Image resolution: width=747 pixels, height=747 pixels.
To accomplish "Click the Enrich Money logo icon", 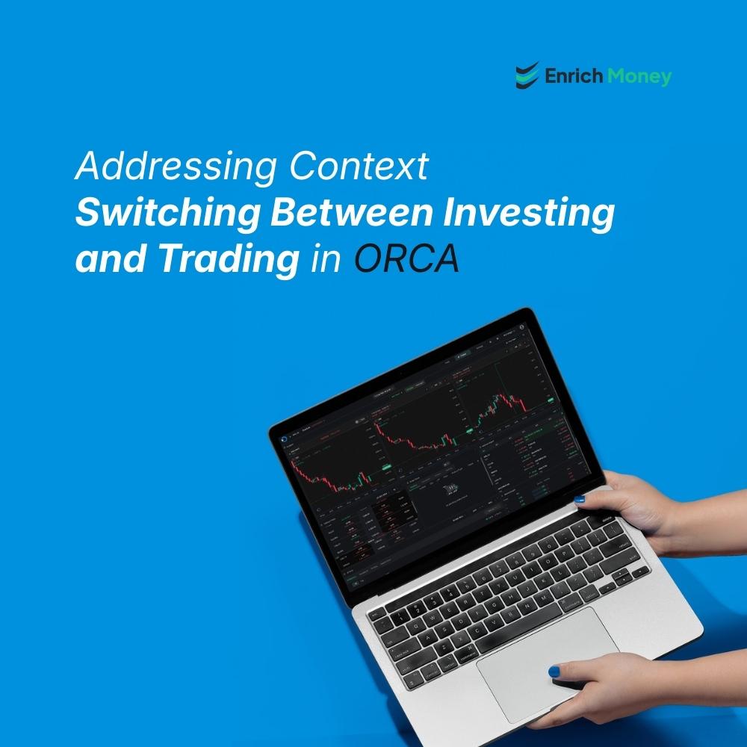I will tap(527, 75).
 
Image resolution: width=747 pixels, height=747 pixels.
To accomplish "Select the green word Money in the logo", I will tap(639, 76).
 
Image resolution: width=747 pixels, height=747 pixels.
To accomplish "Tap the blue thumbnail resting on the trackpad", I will tap(554, 672).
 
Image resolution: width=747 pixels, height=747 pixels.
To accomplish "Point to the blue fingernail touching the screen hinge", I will tap(579, 499).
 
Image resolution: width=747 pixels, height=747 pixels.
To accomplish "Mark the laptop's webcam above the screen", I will tap(400, 369).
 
